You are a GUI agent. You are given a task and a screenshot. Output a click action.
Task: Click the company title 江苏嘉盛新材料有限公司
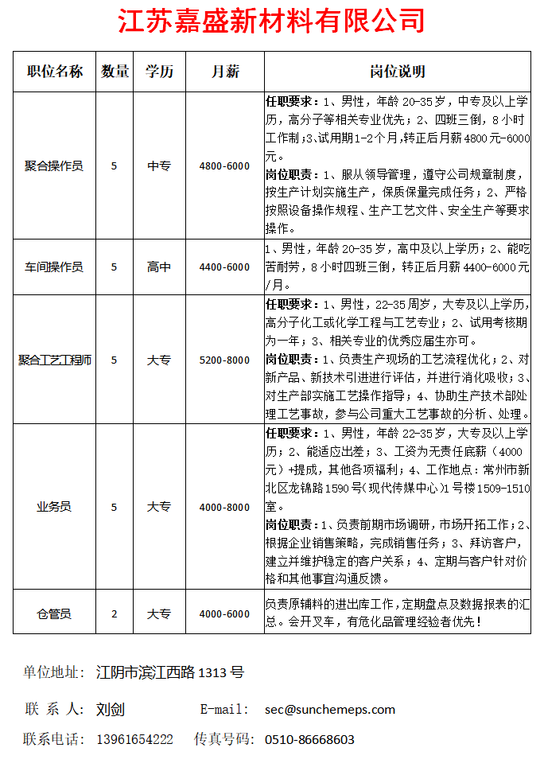click(271, 21)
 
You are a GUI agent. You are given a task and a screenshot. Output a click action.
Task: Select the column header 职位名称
click(54, 72)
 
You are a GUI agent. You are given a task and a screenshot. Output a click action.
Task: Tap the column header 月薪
click(225, 72)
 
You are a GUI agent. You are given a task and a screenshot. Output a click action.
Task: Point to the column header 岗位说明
click(398, 72)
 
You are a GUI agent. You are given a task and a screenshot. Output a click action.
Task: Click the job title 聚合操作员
click(54, 166)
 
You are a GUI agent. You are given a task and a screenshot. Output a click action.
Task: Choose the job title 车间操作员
click(54, 267)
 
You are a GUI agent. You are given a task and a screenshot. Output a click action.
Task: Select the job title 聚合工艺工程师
click(54, 360)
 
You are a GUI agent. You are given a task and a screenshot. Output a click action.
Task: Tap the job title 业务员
click(54, 507)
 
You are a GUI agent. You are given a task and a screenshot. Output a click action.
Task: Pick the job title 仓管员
click(54, 613)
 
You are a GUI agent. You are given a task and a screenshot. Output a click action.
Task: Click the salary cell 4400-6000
click(225, 267)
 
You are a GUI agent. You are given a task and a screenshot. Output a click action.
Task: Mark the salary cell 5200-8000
click(225, 360)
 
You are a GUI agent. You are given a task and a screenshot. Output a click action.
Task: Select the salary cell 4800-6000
click(225, 166)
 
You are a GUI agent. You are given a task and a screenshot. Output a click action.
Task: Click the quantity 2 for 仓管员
click(115, 613)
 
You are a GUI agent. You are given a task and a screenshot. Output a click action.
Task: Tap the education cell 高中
click(159, 267)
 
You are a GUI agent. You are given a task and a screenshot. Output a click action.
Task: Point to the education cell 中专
click(159, 166)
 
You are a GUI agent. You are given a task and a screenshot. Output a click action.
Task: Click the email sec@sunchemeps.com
click(330, 709)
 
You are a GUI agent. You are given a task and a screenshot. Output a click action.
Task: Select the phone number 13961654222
click(134, 739)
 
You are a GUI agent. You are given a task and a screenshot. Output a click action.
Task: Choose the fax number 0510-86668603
click(309, 739)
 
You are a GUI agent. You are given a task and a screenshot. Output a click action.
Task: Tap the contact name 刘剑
click(111, 709)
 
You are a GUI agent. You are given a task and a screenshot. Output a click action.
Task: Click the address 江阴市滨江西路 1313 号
click(169, 672)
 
